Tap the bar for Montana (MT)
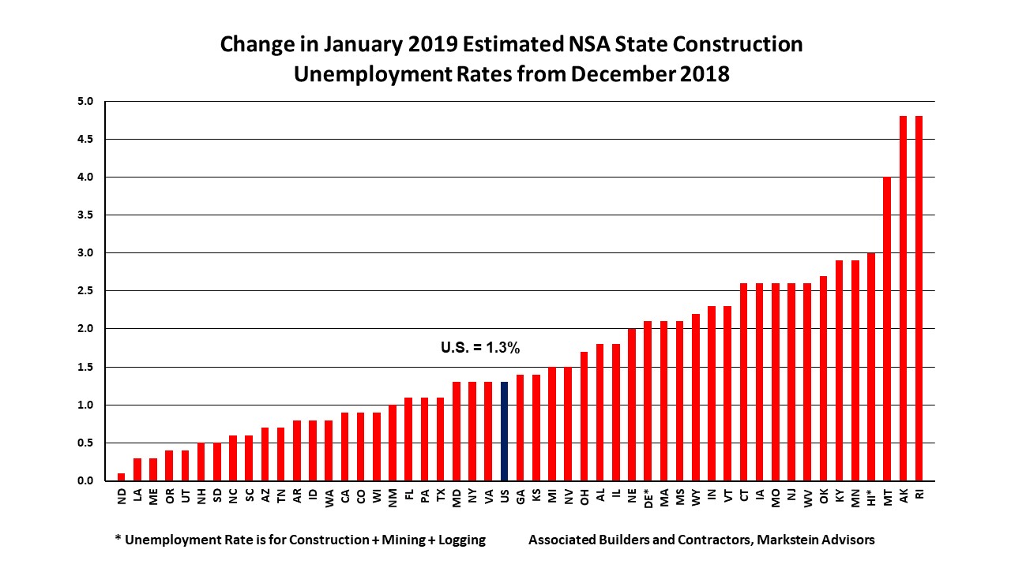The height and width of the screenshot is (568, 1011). coord(886,329)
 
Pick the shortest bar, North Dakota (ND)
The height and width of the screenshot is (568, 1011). coord(121,476)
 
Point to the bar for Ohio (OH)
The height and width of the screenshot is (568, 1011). coord(584,416)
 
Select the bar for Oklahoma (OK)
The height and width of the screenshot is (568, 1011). coord(823,378)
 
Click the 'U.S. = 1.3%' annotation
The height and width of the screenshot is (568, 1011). coord(479,347)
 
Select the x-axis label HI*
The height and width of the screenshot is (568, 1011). coord(870,498)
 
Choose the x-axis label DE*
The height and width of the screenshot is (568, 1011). coord(648,498)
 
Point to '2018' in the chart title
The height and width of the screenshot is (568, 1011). coord(701,75)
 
